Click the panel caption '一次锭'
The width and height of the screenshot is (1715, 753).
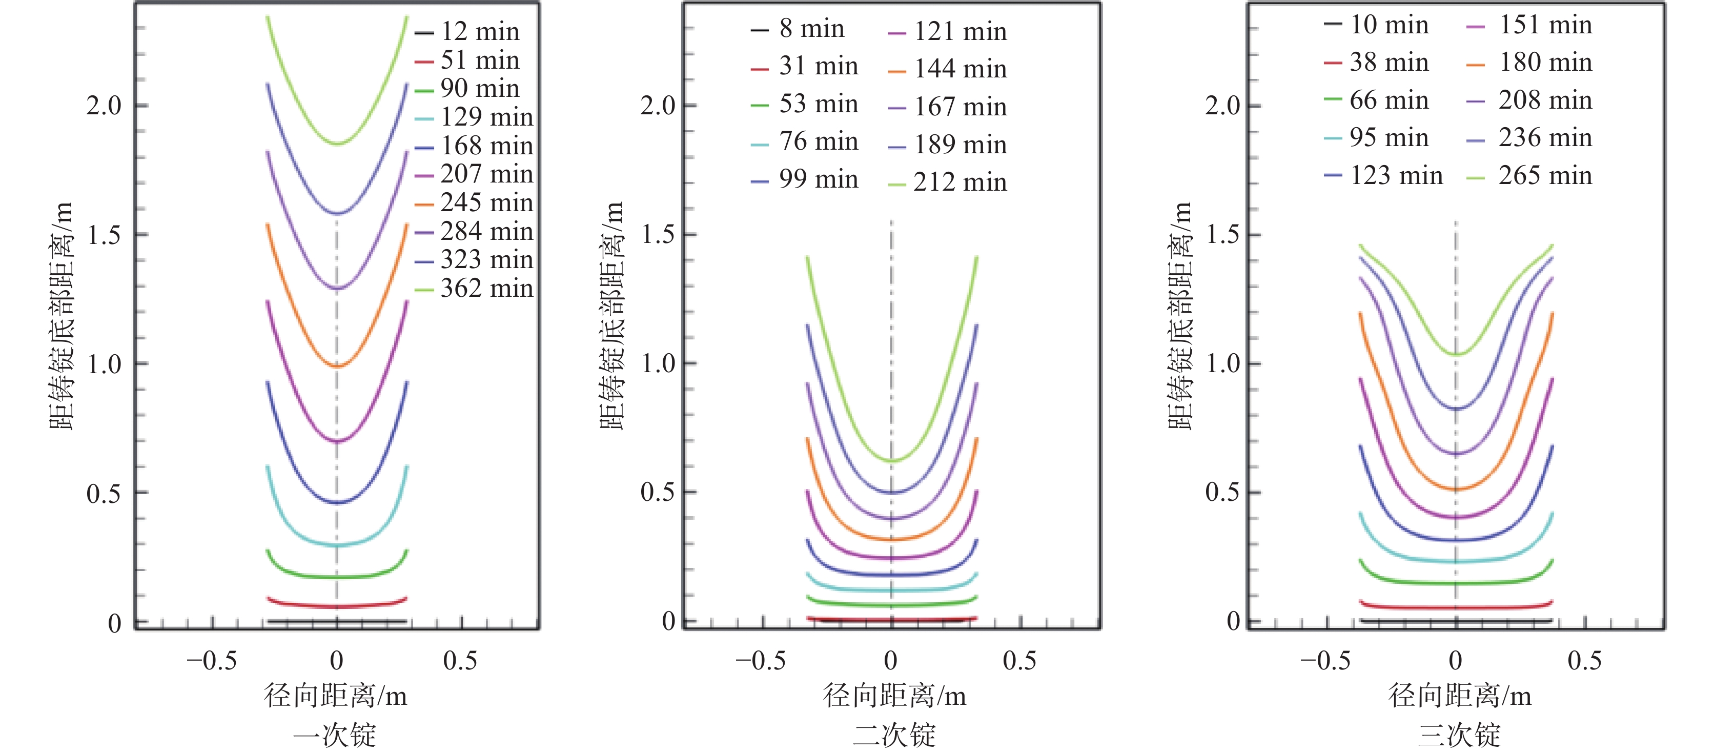tap(335, 735)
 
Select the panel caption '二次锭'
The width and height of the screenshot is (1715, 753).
tap(894, 735)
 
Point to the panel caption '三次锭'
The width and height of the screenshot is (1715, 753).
tap(1459, 735)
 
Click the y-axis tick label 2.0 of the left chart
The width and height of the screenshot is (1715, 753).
tap(104, 105)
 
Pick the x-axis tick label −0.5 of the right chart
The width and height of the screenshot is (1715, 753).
tap(1325, 660)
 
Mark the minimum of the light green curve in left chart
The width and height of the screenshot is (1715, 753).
tap(338, 143)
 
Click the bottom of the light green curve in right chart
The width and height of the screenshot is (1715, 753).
tap(1456, 354)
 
